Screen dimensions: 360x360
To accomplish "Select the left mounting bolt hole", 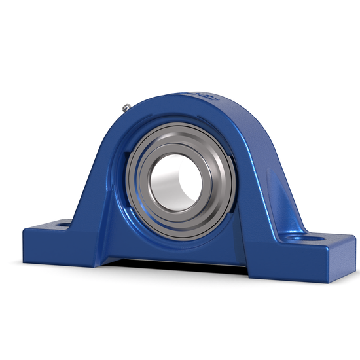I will point(63,224).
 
